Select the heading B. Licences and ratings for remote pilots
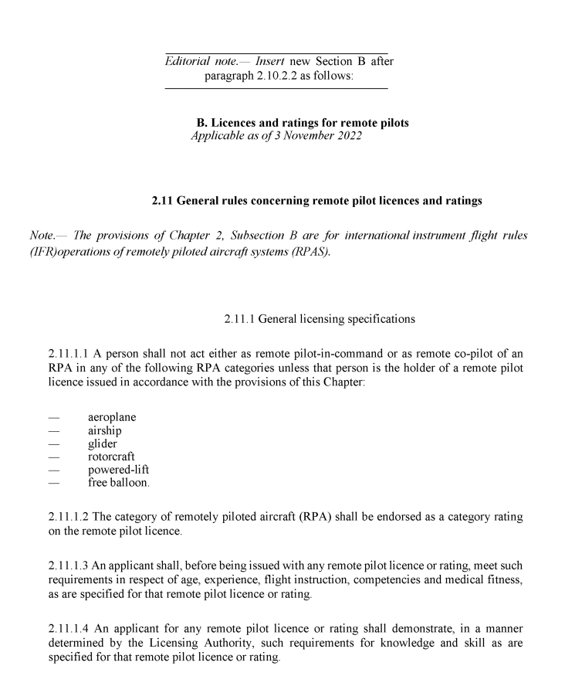(x=303, y=123)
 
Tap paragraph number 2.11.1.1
(x=68, y=353)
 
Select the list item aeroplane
(x=112, y=417)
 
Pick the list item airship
(x=105, y=430)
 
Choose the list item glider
(x=103, y=443)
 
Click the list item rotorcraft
(x=111, y=457)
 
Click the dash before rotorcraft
(x=53, y=457)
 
